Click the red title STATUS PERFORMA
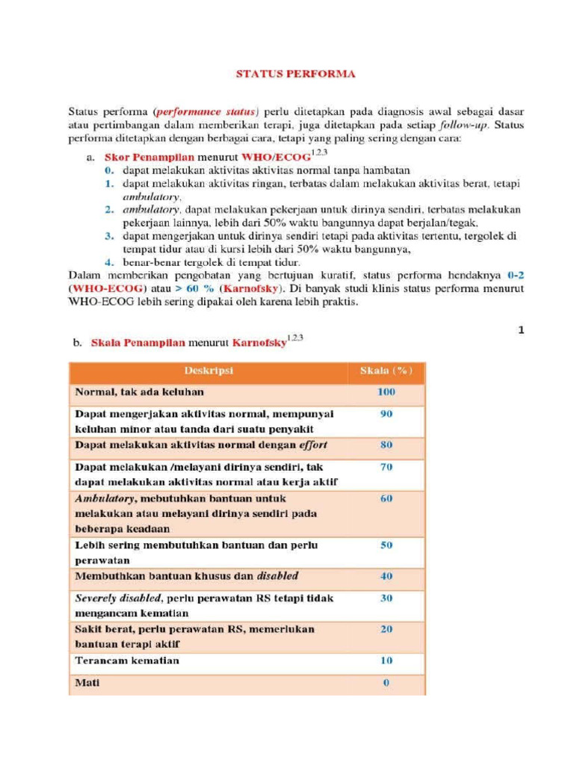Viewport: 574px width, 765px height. (x=295, y=74)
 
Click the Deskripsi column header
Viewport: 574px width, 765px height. (x=208, y=371)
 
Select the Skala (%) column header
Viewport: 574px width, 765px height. (x=386, y=371)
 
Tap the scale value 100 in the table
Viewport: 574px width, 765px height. (x=386, y=391)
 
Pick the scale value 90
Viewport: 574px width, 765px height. (x=386, y=414)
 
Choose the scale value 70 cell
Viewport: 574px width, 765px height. (x=386, y=467)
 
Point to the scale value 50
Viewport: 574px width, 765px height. (x=386, y=545)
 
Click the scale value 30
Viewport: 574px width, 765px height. (x=386, y=598)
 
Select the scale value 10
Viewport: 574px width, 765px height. (x=386, y=661)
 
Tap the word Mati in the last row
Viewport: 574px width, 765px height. (x=87, y=683)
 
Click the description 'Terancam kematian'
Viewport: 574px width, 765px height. (x=127, y=661)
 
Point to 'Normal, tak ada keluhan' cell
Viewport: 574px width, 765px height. (x=139, y=391)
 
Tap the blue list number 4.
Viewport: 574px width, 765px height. (x=108, y=263)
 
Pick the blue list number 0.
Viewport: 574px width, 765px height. (x=108, y=170)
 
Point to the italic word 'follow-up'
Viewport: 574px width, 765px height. (x=466, y=126)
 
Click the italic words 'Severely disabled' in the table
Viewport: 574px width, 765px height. (x=118, y=598)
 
